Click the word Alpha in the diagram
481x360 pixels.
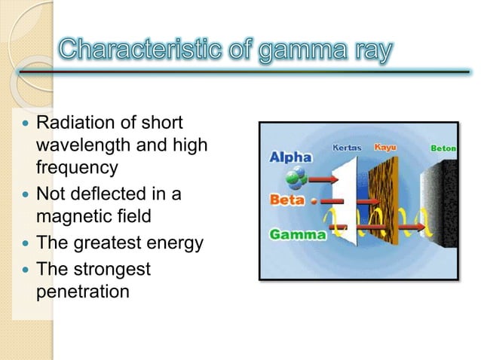[x=290, y=157]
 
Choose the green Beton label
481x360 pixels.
[x=443, y=148]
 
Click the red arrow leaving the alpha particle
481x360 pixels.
[x=323, y=180]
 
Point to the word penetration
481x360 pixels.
[x=83, y=290]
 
